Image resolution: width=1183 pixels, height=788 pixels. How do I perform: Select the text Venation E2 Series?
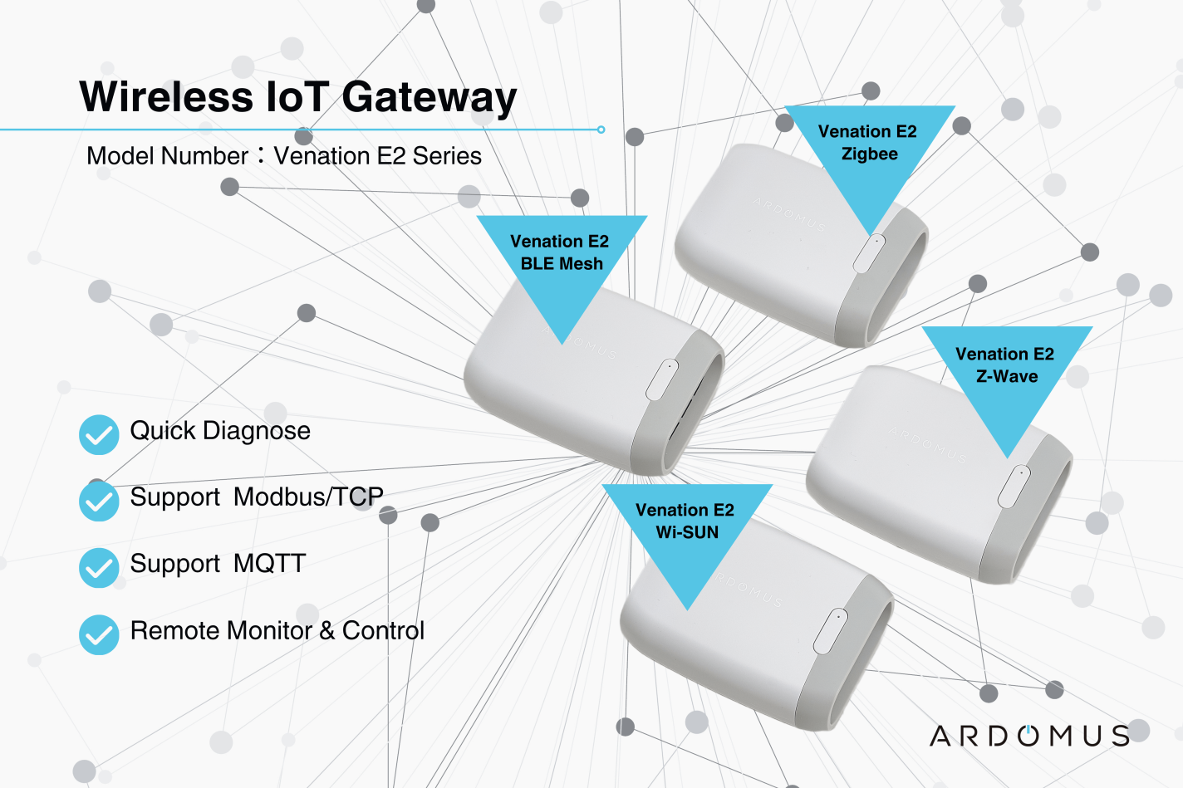[377, 156]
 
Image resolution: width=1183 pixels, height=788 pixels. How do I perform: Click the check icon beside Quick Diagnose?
[99, 435]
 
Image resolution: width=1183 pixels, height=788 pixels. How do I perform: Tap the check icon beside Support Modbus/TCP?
[99, 502]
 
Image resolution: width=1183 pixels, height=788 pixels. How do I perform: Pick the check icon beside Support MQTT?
[99, 568]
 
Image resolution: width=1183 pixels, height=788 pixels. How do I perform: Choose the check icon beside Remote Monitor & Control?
[99, 635]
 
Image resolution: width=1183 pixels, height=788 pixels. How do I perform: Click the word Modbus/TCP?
[308, 497]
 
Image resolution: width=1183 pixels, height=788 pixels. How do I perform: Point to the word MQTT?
[269, 564]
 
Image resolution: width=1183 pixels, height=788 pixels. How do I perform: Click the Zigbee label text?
[869, 154]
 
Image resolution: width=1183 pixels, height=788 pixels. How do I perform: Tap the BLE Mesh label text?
[562, 263]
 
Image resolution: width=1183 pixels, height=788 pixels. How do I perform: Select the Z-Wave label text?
[1007, 376]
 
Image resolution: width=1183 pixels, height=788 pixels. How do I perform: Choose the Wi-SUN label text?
[687, 532]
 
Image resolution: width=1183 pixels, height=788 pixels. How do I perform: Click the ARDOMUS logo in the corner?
[1029, 736]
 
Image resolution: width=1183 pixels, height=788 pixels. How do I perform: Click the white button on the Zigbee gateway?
[869, 252]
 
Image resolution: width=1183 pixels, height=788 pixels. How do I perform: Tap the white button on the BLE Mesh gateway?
[662, 379]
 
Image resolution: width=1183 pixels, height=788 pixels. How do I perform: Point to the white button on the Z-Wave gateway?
[1014, 487]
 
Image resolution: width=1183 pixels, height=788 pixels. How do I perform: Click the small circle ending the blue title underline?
[601, 130]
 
